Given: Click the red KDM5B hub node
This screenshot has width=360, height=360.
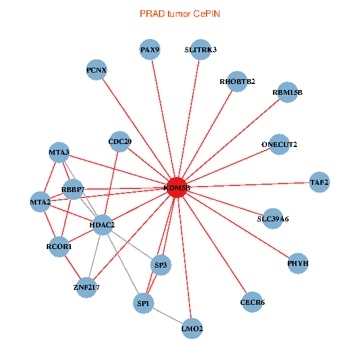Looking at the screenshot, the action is point(177,187).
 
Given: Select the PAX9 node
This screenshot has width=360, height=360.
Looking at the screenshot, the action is point(150,50).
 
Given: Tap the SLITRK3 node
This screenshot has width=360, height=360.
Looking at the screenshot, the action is point(200,50).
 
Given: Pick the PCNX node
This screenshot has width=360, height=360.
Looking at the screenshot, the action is point(97,71).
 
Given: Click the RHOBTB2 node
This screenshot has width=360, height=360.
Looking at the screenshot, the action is point(237,82).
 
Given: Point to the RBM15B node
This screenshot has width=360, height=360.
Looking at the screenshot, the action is point(287,92).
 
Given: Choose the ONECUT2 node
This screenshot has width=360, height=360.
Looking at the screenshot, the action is point(279,144).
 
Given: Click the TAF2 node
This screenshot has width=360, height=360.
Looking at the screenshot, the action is point(319,181).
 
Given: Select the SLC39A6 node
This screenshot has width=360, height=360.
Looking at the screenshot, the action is point(273,218).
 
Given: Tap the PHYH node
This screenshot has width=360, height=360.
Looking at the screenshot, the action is point(298,263).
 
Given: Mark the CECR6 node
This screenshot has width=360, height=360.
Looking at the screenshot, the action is point(252,302).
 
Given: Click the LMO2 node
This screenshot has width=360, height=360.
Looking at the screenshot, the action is point(192,328).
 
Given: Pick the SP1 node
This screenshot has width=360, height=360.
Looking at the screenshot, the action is point(143,303).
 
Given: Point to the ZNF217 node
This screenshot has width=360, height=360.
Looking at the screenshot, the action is point(86,287).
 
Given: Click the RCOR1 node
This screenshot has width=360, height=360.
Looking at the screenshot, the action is point(59,246).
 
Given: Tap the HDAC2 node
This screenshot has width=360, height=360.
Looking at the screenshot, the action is point(102,225).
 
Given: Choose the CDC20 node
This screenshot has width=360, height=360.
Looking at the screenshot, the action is point(119,142).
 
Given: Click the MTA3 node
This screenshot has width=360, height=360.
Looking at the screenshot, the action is point(59,152).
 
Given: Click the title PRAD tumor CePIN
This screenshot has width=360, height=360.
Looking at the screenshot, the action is point(179,13).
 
